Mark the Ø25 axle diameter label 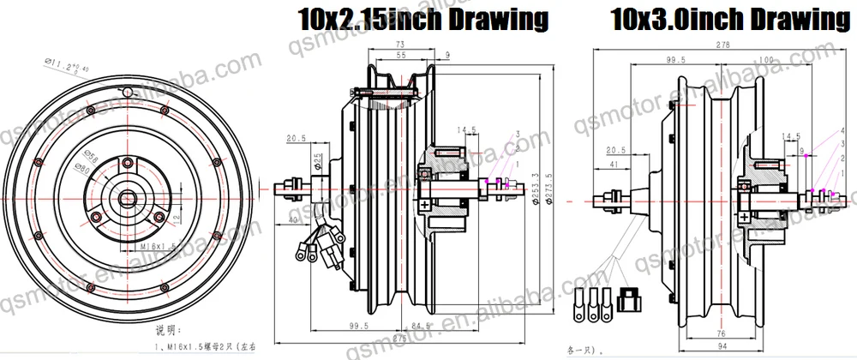[317, 162]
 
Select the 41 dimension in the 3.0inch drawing [614, 163]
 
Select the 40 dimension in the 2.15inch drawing [295, 221]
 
